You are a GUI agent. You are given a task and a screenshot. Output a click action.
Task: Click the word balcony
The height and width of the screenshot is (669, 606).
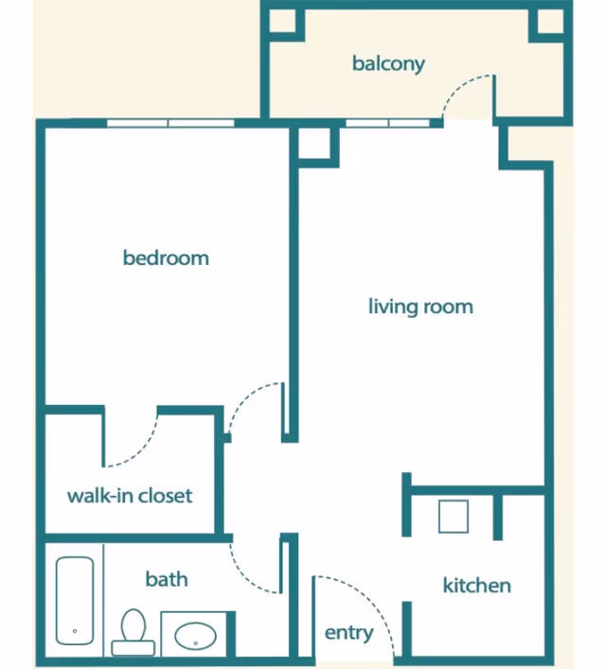pyautogui.click(x=388, y=64)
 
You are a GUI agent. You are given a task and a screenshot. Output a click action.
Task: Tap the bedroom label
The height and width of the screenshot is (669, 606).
pyautogui.click(x=166, y=257)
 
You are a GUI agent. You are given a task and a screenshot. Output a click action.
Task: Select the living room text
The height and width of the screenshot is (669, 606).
pyautogui.click(x=420, y=307)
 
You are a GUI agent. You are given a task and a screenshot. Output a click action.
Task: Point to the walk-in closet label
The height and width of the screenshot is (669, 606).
pyautogui.click(x=130, y=496)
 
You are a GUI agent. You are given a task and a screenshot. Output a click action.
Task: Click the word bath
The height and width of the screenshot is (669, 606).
pyautogui.click(x=167, y=579)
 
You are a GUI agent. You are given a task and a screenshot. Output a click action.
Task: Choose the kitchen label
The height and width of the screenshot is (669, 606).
pyautogui.click(x=476, y=585)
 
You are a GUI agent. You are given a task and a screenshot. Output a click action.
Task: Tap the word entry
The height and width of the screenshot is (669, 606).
pyautogui.click(x=348, y=633)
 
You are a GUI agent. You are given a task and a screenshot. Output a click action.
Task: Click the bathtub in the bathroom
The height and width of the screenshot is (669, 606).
pyautogui.click(x=75, y=601)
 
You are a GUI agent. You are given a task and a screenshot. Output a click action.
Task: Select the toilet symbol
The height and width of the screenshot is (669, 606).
pyautogui.click(x=134, y=632)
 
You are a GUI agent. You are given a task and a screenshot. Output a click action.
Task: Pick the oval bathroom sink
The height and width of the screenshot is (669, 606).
pyautogui.click(x=196, y=636)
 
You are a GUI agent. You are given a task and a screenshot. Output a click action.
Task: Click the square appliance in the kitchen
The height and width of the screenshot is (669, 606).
pyautogui.click(x=454, y=517)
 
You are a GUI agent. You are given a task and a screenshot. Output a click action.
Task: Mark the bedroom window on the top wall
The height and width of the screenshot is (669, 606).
pyautogui.click(x=170, y=123)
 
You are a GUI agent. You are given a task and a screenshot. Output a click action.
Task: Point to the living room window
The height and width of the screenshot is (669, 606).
pyautogui.click(x=387, y=123)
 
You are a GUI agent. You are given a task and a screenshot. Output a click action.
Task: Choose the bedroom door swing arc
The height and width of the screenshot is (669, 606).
pyautogui.click(x=245, y=396)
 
